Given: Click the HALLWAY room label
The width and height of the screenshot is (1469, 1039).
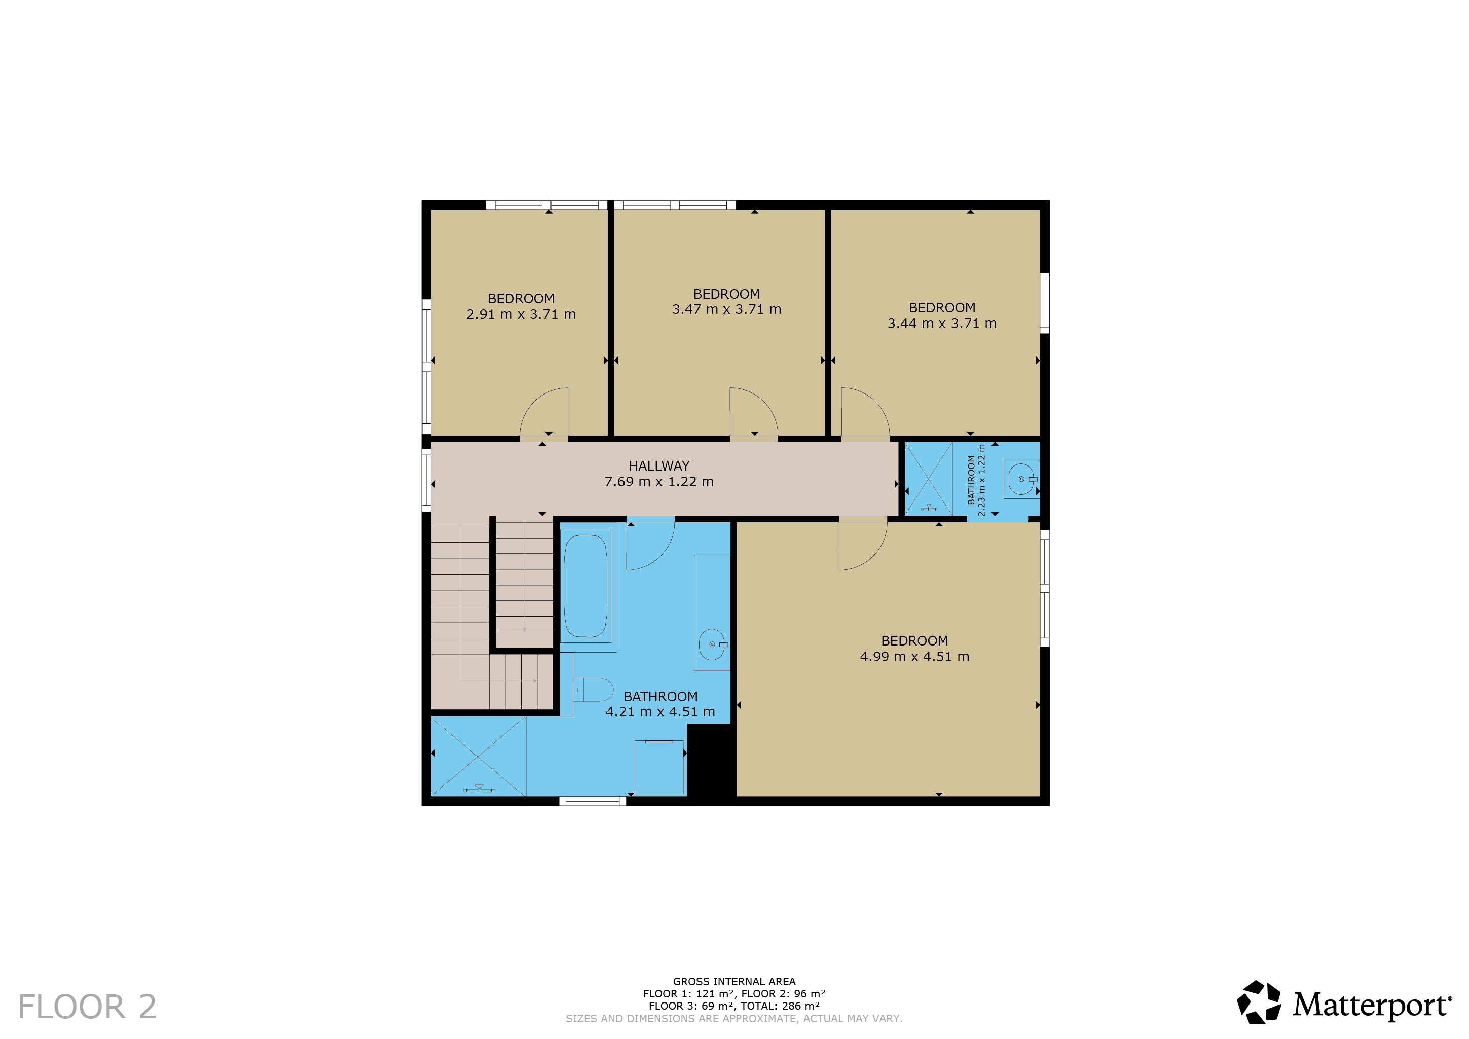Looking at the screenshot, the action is click(659, 466).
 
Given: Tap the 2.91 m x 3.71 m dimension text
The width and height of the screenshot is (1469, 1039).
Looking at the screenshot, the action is click(521, 314).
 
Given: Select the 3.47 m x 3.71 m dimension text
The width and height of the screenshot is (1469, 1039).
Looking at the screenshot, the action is click(726, 309).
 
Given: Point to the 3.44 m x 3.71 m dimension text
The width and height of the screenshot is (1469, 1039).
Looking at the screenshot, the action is click(942, 324).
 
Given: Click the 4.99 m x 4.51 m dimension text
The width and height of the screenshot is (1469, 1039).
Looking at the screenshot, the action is click(914, 656).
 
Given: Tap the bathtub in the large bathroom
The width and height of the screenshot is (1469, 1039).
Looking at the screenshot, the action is click(585, 586).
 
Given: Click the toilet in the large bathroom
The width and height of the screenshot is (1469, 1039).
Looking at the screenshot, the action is click(593, 690).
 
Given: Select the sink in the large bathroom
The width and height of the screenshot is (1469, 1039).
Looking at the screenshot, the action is click(713, 644).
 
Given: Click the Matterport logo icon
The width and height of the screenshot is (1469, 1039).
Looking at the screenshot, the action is click(1259, 1002).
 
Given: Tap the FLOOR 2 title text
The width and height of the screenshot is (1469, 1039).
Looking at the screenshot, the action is click(87, 1007).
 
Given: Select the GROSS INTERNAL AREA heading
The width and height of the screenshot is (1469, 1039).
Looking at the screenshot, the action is click(734, 981).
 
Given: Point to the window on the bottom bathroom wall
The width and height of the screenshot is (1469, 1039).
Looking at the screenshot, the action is click(593, 801).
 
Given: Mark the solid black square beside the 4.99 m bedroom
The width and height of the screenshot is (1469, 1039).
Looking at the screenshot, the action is click(709, 761).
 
